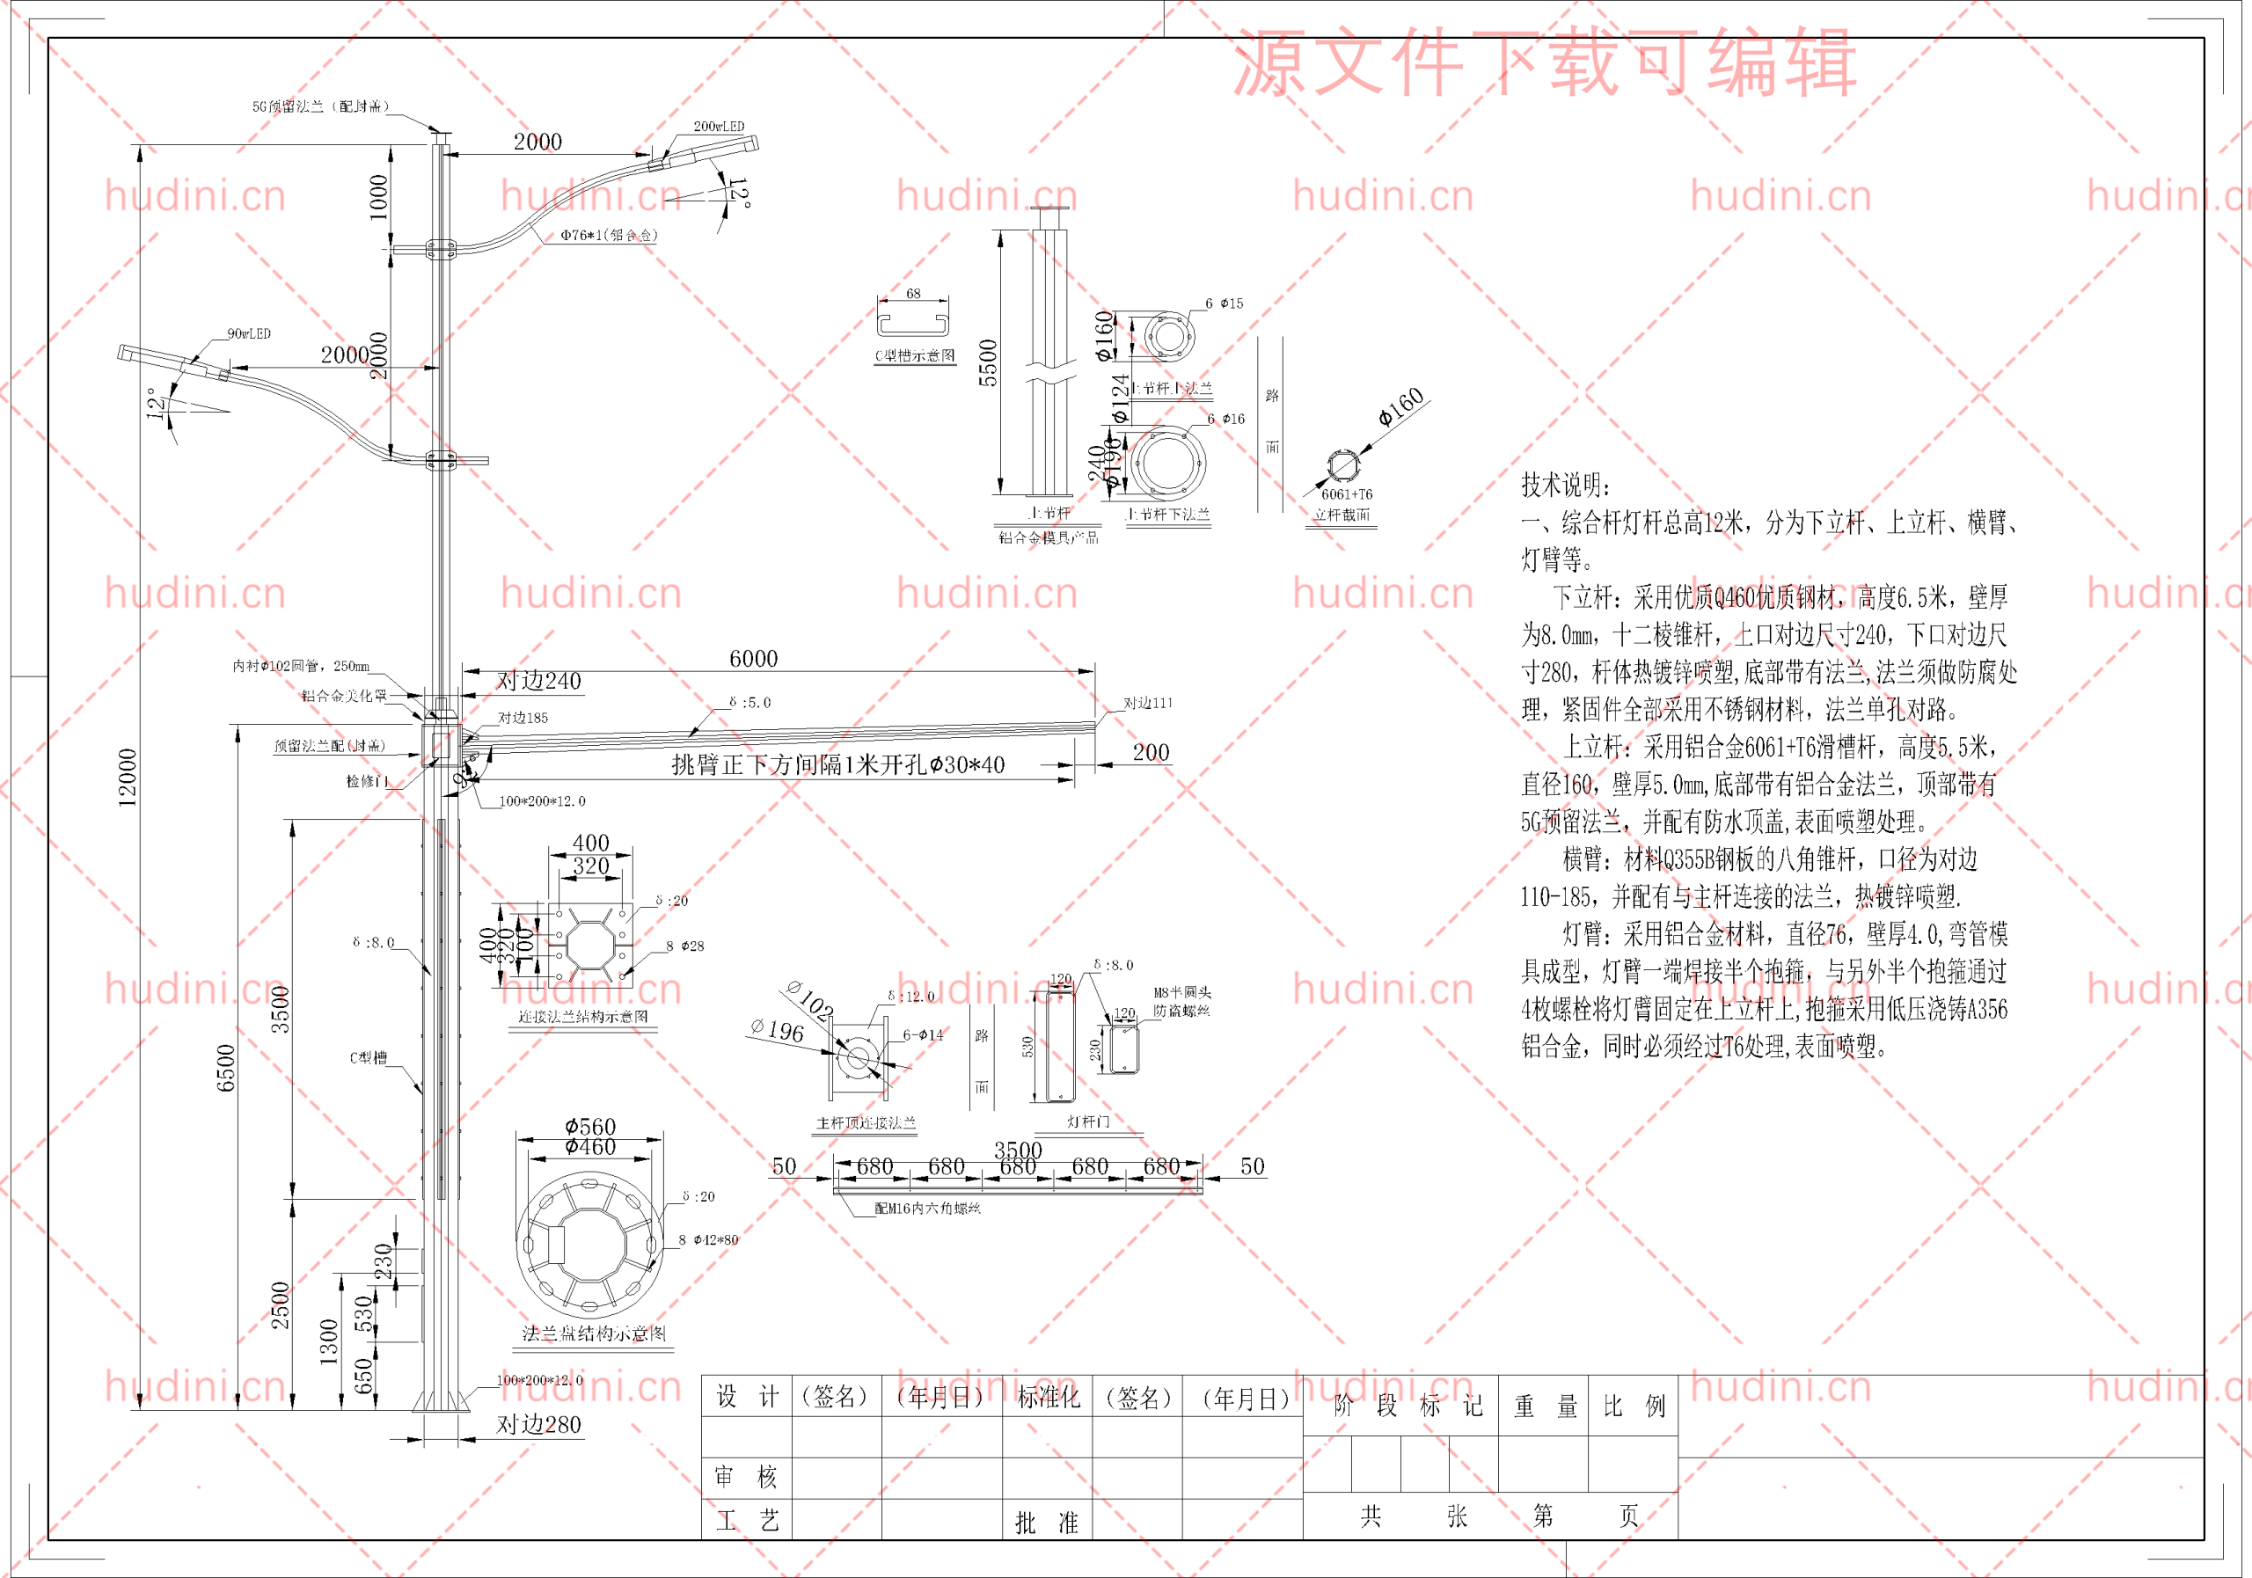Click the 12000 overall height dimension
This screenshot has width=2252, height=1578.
click(x=128, y=778)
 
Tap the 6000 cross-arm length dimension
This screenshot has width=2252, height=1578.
click(x=753, y=659)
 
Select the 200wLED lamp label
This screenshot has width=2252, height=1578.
click(x=718, y=127)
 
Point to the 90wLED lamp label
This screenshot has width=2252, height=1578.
click(x=248, y=333)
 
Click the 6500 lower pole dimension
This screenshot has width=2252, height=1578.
click(x=225, y=1067)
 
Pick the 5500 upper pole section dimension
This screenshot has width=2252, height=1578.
click(x=988, y=363)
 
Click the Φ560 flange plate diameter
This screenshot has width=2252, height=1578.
click(x=590, y=1127)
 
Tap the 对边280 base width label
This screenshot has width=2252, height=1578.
click(x=538, y=1424)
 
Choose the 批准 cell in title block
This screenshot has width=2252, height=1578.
click(x=1046, y=1522)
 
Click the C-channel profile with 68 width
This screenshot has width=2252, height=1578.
click(x=914, y=321)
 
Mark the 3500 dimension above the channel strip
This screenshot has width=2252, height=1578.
click(x=1018, y=1150)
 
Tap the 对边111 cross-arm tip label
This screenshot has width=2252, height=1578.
click(x=1148, y=702)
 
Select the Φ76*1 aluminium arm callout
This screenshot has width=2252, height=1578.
click(x=608, y=236)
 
